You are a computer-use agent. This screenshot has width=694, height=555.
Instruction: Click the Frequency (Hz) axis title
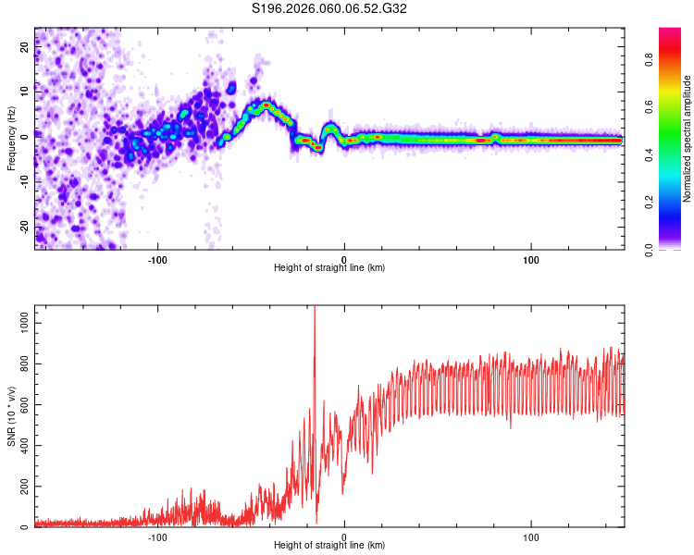[10, 138]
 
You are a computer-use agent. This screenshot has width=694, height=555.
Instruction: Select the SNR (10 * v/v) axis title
[10, 416]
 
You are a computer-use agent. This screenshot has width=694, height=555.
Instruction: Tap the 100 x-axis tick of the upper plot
[531, 259]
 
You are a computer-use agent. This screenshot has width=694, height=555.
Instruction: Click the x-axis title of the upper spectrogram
[329, 268]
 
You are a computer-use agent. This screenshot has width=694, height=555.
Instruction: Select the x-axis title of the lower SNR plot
[329, 546]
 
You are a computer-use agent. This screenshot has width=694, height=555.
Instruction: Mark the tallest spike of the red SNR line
[315, 308]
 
